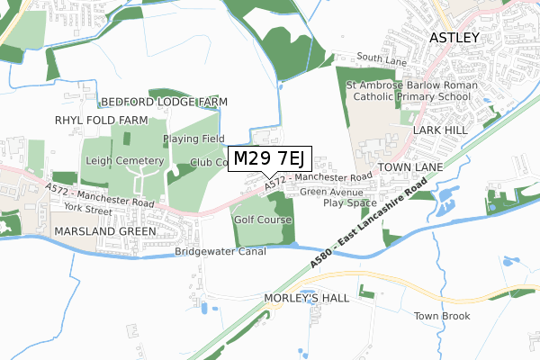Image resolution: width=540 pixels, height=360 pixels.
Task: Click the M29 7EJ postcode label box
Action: point(270,159)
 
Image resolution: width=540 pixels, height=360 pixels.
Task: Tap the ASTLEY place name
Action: point(461,38)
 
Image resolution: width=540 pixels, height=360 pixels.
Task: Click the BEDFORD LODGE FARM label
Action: point(158,103)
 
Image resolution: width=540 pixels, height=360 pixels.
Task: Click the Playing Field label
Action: point(193,139)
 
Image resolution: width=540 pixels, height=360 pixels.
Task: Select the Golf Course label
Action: point(263,220)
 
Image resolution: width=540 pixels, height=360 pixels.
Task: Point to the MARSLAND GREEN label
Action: point(104,231)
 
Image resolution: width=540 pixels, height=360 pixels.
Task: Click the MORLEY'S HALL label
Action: point(306,298)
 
